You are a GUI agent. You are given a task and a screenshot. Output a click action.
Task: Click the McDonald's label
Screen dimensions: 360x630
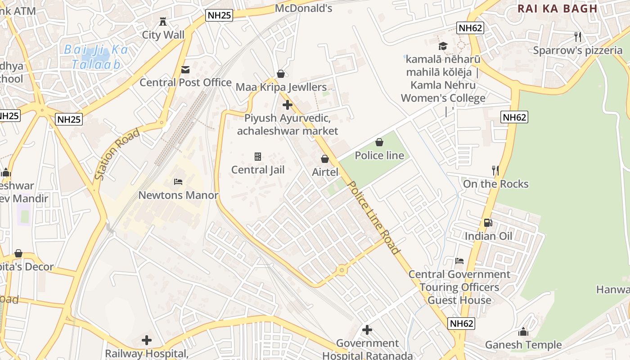303,8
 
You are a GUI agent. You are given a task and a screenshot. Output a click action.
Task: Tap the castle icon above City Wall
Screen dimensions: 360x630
163,21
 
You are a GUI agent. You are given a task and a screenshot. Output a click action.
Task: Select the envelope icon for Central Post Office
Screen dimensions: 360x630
185,70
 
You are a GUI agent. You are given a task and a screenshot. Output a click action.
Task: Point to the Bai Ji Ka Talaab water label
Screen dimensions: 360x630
96,57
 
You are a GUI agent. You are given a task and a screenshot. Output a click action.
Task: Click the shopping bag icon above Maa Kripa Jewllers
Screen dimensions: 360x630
281,74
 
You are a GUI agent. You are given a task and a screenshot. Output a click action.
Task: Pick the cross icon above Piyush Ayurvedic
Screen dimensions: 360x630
288,105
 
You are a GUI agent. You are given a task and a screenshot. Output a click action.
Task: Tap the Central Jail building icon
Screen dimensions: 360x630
258,157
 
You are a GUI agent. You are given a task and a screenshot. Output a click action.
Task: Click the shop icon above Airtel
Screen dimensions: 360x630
324,159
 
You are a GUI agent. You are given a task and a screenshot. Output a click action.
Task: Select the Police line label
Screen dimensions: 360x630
379,156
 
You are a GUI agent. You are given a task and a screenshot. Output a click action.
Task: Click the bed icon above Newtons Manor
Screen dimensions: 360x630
178,182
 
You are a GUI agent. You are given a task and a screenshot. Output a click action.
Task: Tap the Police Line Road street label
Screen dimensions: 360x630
374,217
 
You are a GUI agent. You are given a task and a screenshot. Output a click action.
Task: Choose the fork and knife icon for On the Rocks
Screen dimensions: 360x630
495,171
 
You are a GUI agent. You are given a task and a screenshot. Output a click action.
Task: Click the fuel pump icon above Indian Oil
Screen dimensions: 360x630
488,223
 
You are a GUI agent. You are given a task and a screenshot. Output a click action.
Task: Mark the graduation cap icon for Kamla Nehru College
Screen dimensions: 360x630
443,46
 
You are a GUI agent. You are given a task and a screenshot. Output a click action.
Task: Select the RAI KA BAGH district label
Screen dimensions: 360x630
557,9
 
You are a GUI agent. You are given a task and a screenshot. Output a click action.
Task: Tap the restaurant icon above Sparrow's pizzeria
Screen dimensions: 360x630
578,37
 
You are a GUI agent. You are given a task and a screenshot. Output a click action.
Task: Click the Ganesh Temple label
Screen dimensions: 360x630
523,345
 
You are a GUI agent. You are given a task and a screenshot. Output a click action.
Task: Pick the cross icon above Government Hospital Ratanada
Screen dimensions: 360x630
367,330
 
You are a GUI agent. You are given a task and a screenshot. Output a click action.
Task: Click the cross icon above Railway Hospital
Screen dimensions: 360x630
147,340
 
